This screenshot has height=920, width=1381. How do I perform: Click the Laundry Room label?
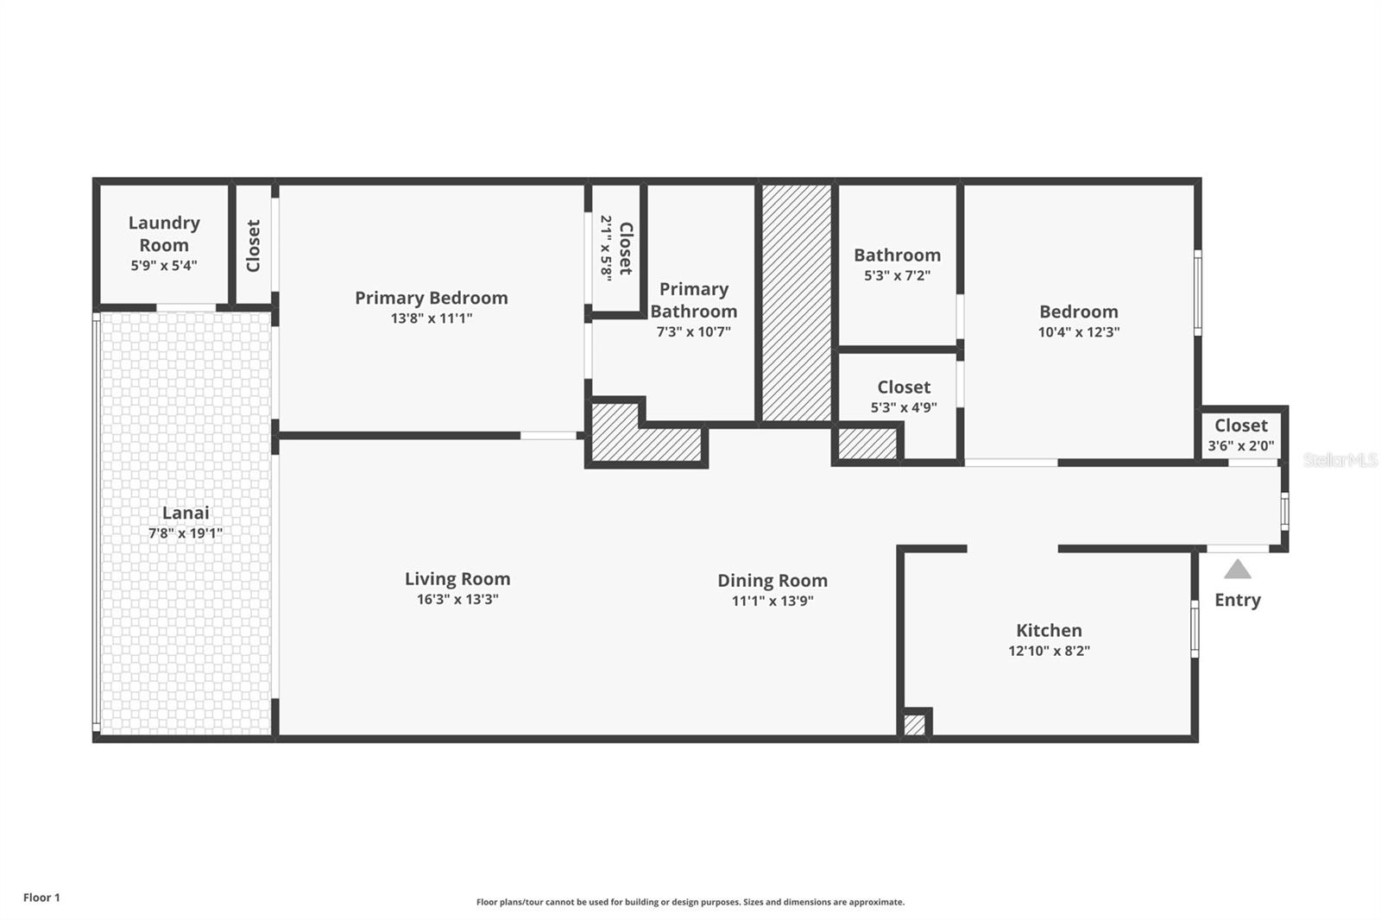tap(164, 234)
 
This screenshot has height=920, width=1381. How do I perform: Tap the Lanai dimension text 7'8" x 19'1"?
tap(185, 533)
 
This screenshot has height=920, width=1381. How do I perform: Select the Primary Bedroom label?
tap(431, 298)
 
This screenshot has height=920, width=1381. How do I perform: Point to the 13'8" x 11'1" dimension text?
tap(431, 318)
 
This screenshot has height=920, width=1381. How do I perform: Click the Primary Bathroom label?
tap(694, 299)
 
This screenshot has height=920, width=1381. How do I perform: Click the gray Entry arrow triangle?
tap(1238, 569)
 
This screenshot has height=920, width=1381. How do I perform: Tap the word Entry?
tap(1238, 600)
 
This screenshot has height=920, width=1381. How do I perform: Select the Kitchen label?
tap(1049, 631)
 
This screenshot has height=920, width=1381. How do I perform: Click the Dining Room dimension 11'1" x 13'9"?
tap(772, 602)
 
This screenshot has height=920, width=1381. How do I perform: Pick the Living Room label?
tap(457, 579)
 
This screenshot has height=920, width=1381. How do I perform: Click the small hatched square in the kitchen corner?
tap(914, 725)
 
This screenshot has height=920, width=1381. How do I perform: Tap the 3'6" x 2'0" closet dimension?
tap(1241, 446)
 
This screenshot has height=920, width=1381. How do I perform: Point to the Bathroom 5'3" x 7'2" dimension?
tap(898, 276)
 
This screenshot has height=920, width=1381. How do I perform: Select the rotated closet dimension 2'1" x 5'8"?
tap(607, 248)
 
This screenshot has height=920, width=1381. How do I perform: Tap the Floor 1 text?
tap(41, 898)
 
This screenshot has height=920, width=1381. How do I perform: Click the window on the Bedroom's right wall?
tap(1198, 293)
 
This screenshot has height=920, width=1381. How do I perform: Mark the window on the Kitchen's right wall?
tap(1195, 628)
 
